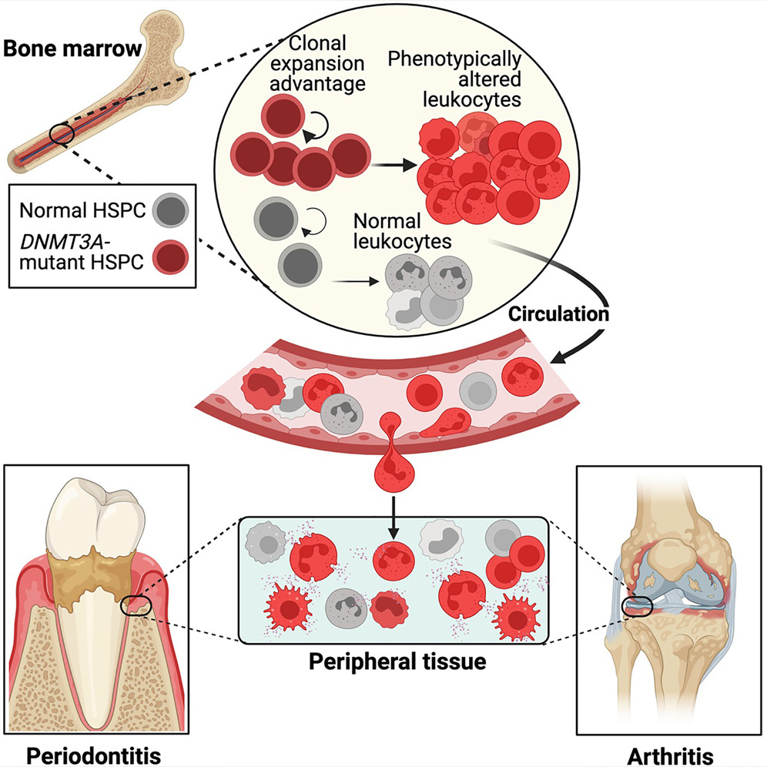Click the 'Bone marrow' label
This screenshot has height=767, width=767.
tap(72, 49)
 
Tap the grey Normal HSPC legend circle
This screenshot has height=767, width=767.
tap(170, 210)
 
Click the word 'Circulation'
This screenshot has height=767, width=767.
tap(558, 314)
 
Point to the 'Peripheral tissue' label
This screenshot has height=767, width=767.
tap(397, 661)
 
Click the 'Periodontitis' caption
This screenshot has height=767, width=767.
tap(93, 755)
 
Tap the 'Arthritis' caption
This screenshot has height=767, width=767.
tap(670, 756)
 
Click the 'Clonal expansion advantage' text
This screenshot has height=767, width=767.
tap(317, 63)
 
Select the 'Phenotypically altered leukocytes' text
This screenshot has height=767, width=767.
tap(454, 79)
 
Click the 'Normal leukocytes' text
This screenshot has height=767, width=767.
tap(402, 231)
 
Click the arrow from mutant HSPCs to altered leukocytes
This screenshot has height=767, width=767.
tap(394, 166)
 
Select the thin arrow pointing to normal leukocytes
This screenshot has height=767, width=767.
tap(356, 281)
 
